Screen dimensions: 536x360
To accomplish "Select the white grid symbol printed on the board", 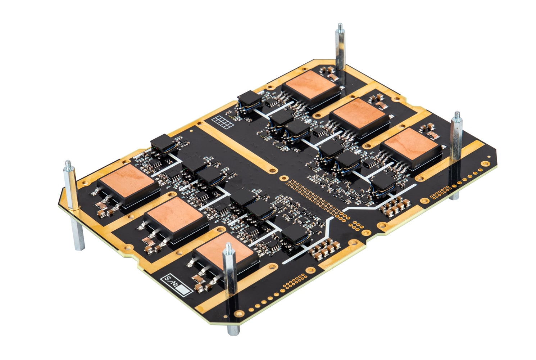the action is [223, 122].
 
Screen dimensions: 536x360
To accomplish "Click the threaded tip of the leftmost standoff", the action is [68, 164].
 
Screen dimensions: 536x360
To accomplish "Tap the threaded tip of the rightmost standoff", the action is [457, 116].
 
